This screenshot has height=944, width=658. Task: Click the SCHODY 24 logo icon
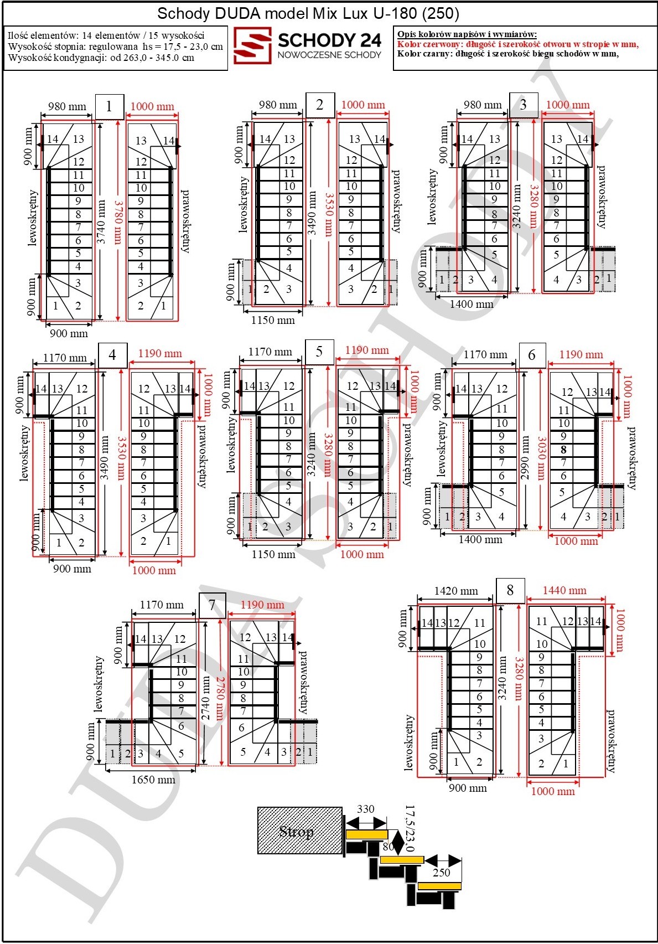(252, 45)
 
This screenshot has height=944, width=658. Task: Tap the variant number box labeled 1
(110, 106)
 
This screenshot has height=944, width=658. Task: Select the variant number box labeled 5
(319, 352)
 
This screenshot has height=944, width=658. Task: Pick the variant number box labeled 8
(510, 590)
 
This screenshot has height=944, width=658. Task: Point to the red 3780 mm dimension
(118, 221)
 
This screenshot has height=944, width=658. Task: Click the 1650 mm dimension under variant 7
(153, 780)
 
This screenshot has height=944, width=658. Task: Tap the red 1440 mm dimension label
(564, 590)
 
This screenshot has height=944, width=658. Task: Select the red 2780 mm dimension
(220, 698)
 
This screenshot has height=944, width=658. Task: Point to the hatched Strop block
(299, 830)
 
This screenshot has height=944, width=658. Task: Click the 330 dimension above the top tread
(365, 809)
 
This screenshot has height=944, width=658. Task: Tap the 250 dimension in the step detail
(442, 873)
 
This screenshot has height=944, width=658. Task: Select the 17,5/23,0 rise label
(410, 828)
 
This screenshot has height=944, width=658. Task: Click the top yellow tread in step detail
(366, 834)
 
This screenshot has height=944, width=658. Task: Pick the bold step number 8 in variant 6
(563, 450)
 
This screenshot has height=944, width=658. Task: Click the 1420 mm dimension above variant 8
(456, 591)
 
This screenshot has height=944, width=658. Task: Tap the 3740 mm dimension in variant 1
(101, 221)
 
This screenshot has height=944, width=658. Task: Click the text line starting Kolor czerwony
(518, 44)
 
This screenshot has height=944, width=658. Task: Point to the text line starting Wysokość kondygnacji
(101, 58)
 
